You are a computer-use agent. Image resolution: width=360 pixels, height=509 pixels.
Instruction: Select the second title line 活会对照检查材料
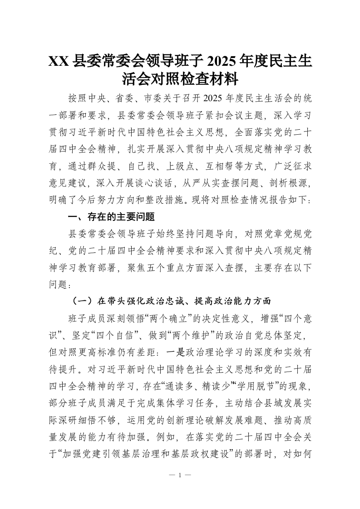point(180,80)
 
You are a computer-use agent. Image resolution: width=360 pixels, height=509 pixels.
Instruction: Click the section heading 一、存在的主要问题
point(111,216)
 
